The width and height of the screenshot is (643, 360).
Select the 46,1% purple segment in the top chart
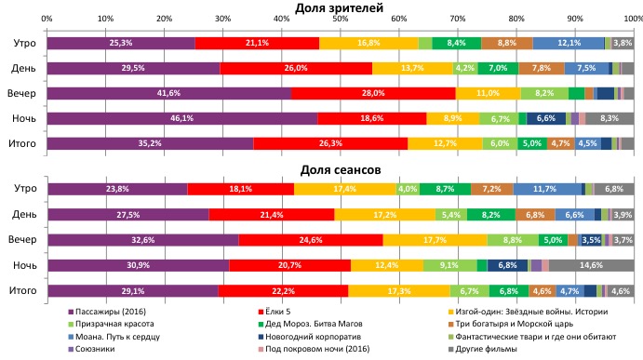coord(181,118)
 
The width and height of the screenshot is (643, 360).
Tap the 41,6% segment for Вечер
coord(168,93)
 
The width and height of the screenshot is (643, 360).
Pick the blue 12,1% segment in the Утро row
coord(569,43)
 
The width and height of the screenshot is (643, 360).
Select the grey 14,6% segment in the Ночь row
coord(591,265)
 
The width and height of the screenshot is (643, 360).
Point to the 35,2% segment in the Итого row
coord(150,143)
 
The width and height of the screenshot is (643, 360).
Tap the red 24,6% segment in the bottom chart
coord(311,239)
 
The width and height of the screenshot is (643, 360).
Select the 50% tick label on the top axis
coord(340,19)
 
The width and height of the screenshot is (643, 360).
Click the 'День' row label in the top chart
coord(24,68)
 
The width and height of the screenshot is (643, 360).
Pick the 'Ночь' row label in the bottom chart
coord(24,265)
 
